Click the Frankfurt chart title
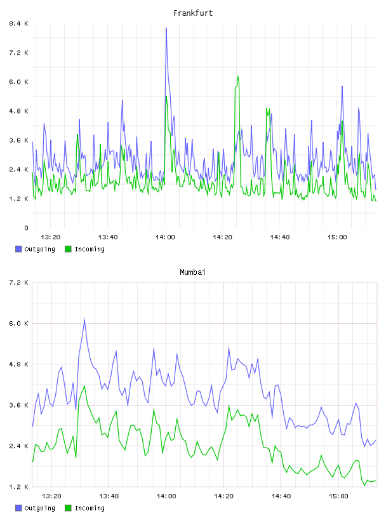coord(193,13)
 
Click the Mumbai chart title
coord(192,272)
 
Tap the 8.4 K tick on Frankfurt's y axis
coord(18,23)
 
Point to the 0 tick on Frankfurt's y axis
coord(26,228)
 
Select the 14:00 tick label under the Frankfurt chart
coord(165,237)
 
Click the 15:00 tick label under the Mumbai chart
coord(338,496)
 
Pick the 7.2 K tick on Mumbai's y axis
coord(18,282)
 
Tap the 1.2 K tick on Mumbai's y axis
coord(18,487)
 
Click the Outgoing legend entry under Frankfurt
coord(35,249)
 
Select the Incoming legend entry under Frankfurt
coord(85,249)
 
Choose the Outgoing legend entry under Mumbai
coord(35,508)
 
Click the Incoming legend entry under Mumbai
coord(85,508)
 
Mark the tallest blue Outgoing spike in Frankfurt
coord(166,29)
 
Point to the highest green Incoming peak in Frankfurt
coord(238,76)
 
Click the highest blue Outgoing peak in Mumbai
coord(84,319)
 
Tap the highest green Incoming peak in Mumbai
coord(84,386)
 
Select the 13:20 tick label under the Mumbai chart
coord(51,496)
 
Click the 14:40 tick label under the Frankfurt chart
coord(280,237)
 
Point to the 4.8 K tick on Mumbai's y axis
coord(18,364)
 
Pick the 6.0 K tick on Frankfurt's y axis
coord(18,82)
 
